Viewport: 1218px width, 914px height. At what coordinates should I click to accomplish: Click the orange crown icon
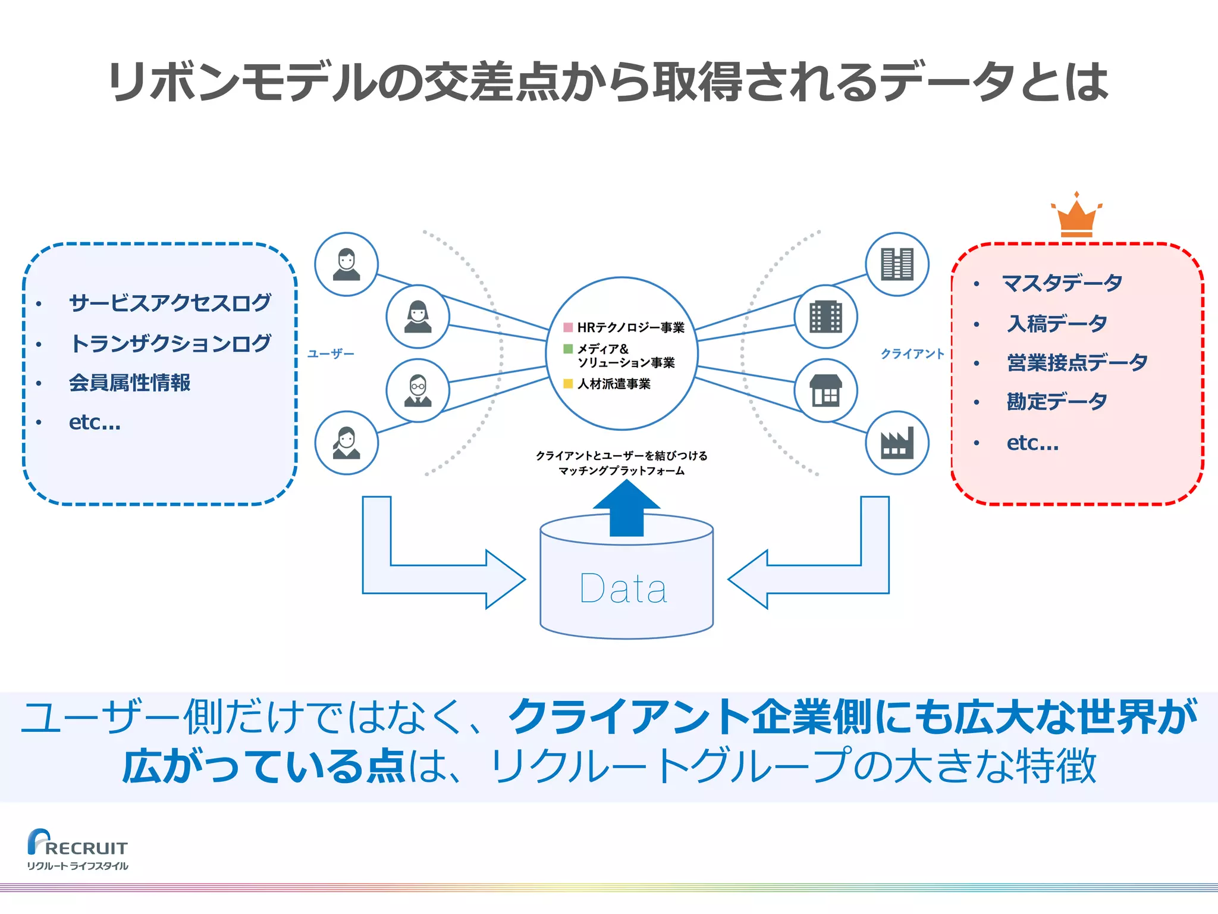(x=1076, y=217)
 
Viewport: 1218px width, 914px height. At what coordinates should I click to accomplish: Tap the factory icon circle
(x=897, y=443)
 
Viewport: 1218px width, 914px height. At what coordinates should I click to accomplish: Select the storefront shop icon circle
(x=825, y=390)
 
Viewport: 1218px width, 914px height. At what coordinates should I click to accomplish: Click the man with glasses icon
(x=417, y=390)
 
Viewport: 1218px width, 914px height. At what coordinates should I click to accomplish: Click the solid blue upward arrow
(x=626, y=509)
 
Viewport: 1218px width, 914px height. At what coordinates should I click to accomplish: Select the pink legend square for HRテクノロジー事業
(x=568, y=327)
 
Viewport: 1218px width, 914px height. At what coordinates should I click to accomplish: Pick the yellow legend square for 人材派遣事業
(x=568, y=384)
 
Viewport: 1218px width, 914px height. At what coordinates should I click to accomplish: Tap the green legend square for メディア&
(x=568, y=349)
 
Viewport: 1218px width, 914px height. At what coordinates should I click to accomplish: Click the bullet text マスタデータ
(x=1062, y=283)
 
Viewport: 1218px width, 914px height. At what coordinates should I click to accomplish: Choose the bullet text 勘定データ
(x=1056, y=402)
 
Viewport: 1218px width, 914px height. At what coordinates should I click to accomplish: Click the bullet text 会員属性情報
(x=130, y=383)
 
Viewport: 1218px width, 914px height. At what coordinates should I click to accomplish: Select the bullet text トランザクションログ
(x=170, y=343)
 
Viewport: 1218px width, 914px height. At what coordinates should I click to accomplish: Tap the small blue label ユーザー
(x=331, y=354)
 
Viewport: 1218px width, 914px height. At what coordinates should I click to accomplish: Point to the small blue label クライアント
(x=912, y=354)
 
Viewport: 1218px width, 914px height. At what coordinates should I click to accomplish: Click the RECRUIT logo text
(x=86, y=848)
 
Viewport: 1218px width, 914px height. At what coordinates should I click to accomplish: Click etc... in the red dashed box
(x=1032, y=443)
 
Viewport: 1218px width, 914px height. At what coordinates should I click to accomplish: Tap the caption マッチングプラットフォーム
(x=621, y=471)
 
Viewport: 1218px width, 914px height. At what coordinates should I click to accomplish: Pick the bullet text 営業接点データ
(x=1076, y=362)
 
